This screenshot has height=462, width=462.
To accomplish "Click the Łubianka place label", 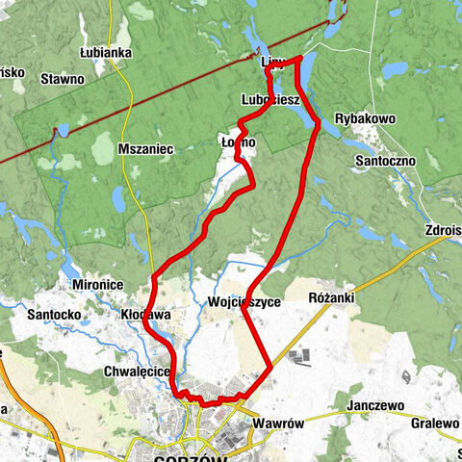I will pos(106,52).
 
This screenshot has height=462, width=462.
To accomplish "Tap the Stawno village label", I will pos(62,80).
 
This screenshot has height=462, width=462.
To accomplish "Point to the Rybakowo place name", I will pos(365,118).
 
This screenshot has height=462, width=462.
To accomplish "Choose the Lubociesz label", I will pos(271,99).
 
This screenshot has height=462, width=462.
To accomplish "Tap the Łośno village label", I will pos(238,142).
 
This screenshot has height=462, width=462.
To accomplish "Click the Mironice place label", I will pos(99,286).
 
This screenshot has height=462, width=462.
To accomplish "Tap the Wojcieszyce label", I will pos(244,301).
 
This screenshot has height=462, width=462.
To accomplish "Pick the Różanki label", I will pos(334,298).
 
